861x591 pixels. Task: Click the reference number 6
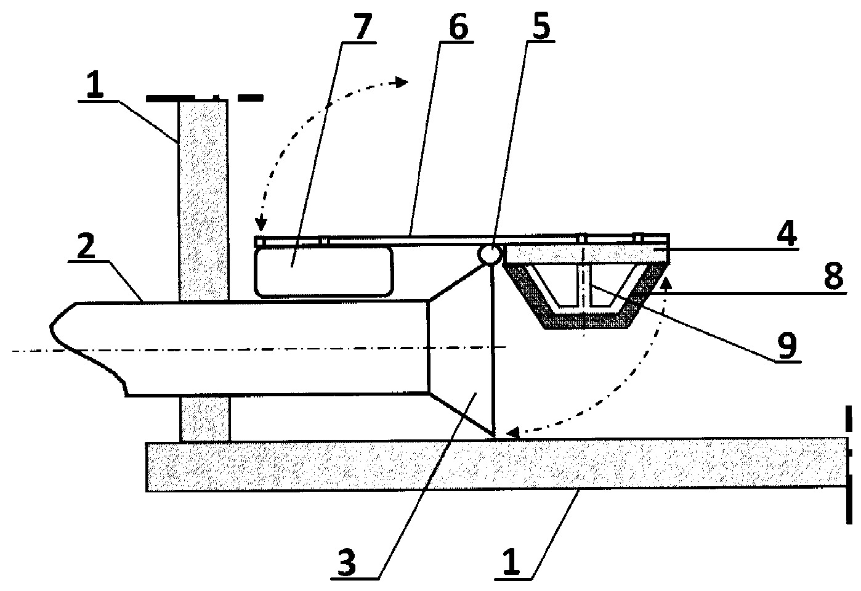(x=458, y=26)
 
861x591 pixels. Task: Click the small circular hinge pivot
(x=489, y=255)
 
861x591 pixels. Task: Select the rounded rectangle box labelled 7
(x=323, y=272)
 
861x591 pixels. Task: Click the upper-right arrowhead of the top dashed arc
(x=402, y=81)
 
